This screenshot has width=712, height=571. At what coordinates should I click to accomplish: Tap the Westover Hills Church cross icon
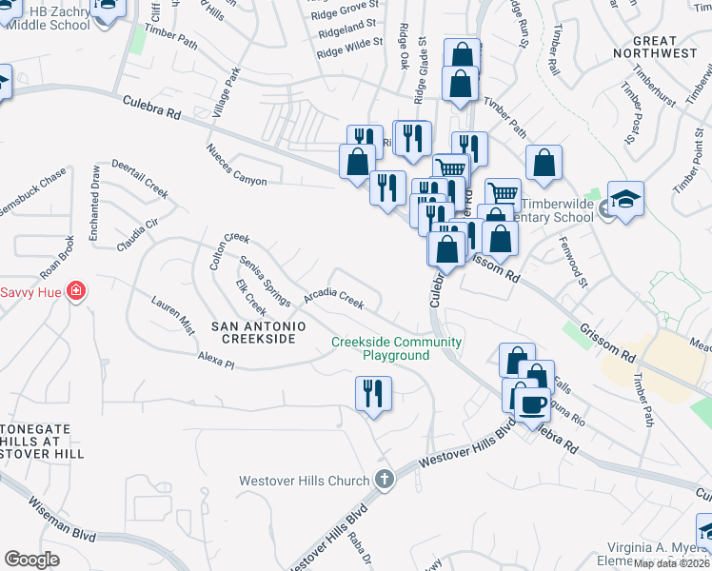click(384, 480)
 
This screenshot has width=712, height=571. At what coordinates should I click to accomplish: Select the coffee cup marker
click(532, 404)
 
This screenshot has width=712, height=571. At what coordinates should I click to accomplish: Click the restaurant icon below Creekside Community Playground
click(373, 392)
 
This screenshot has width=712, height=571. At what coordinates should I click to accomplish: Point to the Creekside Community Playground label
click(397, 348)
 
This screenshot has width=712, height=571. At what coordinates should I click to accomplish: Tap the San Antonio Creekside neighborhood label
click(258, 332)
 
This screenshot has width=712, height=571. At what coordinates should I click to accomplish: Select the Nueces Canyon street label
click(244, 166)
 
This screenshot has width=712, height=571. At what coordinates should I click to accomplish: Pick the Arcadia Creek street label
click(333, 300)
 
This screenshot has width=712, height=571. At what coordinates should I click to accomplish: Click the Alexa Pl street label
click(216, 358)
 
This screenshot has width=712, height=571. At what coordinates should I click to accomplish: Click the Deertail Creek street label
click(140, 179)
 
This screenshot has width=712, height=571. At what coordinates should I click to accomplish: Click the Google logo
click(31, 559)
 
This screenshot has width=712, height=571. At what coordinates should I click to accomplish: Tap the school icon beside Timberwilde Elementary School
click(625, 201)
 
